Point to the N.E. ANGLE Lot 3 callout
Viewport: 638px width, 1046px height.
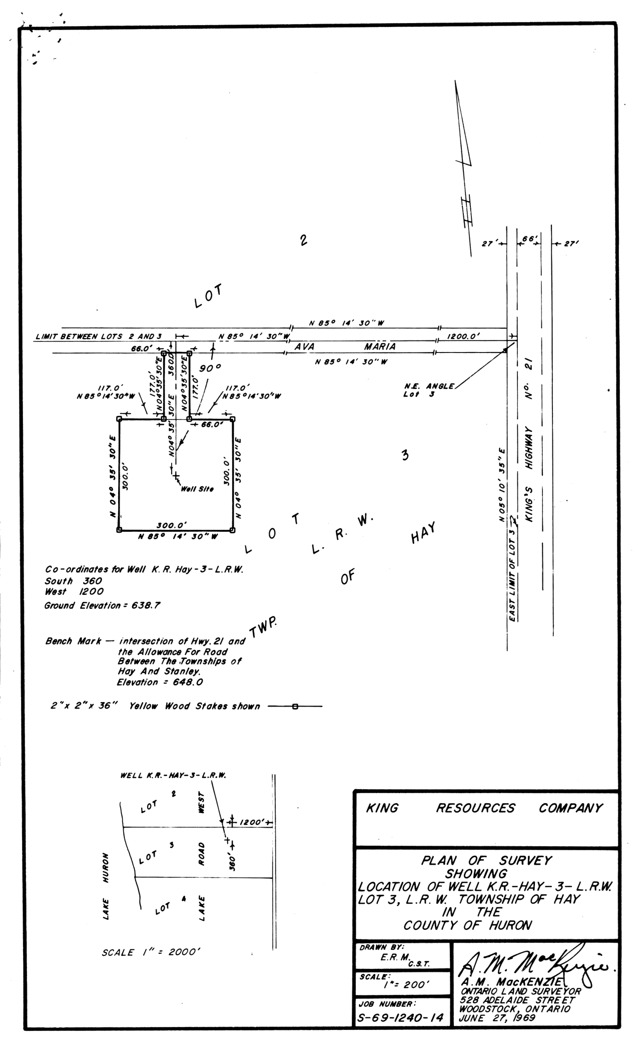tap(429, 390)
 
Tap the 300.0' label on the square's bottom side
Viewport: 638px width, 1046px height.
tap(172, 525)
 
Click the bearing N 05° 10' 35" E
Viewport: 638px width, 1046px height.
tap(502, 486)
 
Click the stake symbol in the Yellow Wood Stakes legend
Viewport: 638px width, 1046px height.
tap(295, 707)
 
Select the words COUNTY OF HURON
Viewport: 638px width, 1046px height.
tap(467, 925)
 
